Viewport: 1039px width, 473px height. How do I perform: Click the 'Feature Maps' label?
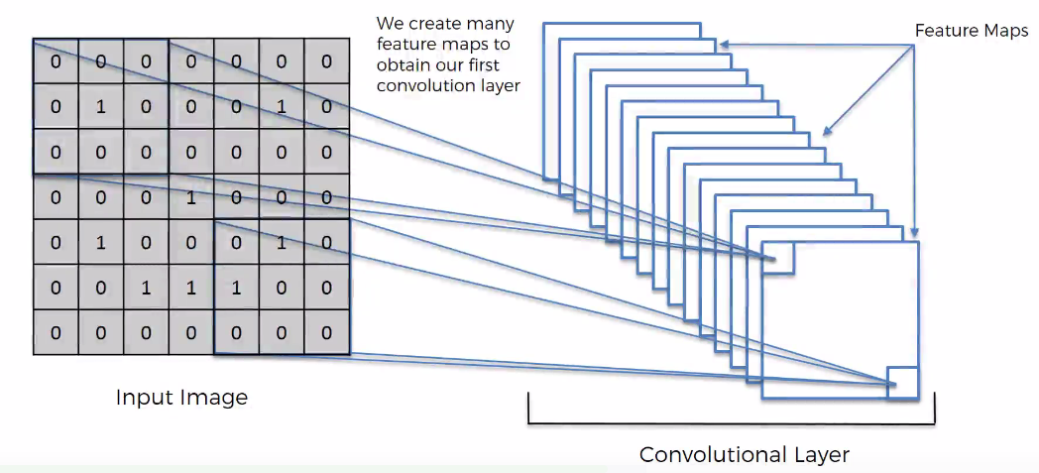tap(971, 31)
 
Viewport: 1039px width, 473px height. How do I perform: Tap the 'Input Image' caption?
tap(181, 398)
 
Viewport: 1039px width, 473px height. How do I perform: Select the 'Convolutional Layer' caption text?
tap(744, 454)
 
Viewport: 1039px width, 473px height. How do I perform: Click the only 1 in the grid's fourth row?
tap(191, 197)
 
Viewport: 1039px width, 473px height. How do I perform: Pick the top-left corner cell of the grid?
tap(56, 61)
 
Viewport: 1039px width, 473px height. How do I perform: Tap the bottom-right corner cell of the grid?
tap(326, 333)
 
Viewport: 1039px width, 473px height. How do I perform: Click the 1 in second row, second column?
tap(100, 106)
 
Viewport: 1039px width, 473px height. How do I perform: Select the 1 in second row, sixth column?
tap(282, 106)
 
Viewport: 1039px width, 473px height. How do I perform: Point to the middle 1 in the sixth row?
tap(191, 288)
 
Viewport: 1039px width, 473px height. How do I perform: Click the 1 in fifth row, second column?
tap(100, 243)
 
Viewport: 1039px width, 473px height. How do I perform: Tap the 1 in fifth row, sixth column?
tap(282, 243)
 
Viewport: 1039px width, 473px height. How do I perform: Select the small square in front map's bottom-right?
tap(903, 383)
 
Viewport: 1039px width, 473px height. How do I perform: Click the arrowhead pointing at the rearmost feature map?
tap(724, 44)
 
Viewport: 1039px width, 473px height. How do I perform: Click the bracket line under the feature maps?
tap(732, 423)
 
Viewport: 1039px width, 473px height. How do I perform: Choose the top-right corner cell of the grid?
tap(326, 61)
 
